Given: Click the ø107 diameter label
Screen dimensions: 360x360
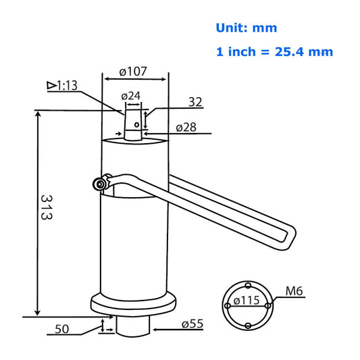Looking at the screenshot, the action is pyautogui.click(x=133, y=72).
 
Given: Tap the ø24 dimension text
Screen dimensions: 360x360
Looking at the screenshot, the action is pyautogui.click(x=130, y=96).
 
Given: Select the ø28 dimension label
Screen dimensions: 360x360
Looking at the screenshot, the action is pyautogui.click(x=186, y=128).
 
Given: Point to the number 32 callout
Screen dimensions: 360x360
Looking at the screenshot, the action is pyautogui.click(x=195, y=102).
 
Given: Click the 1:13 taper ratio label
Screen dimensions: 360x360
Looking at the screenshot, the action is pyautogui.click(x=67, y=86).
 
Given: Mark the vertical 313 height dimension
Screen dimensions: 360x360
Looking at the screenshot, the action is pyautogui.click(x=47, y=207).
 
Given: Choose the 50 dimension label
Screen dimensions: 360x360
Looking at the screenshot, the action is pyautogui.click(x=61, y=329).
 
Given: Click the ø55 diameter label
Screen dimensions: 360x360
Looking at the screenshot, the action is pyautogui.click(x=192, y=324).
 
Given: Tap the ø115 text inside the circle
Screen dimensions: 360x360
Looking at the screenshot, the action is pyautogui.click(x=247, y=301).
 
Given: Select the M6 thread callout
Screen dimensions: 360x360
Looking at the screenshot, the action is pyautogui.click(x=294, y=291).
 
